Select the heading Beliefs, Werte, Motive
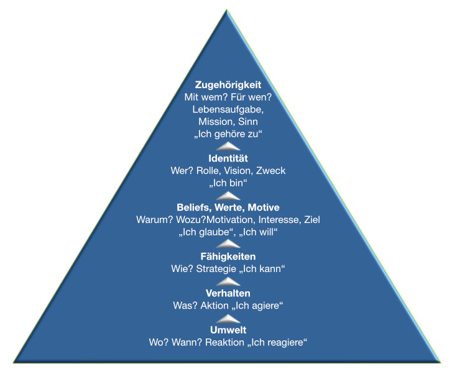point(228,207)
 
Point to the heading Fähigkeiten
point(228,256)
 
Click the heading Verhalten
point(228,293)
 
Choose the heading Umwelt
point(228,329)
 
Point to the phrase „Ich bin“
point(228,183)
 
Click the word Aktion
point(213,305)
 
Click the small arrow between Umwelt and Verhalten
point(228,317)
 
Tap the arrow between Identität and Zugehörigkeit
point(228,146)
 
